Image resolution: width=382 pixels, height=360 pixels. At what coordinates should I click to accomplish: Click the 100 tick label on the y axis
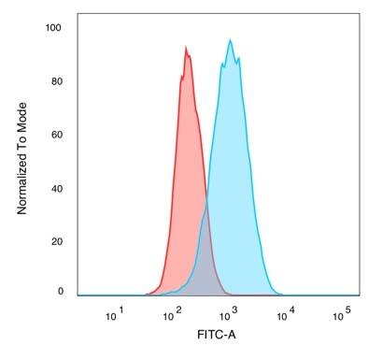pos(53,28)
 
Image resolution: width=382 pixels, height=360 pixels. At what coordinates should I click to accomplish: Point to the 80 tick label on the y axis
pos(56,80)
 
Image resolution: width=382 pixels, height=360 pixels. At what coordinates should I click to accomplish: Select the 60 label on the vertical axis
pos(56,134)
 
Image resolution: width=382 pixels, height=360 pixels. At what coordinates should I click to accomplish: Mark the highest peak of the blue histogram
pos(230,40)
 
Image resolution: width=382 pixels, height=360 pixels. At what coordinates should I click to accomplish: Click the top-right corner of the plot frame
pos(360,14)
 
